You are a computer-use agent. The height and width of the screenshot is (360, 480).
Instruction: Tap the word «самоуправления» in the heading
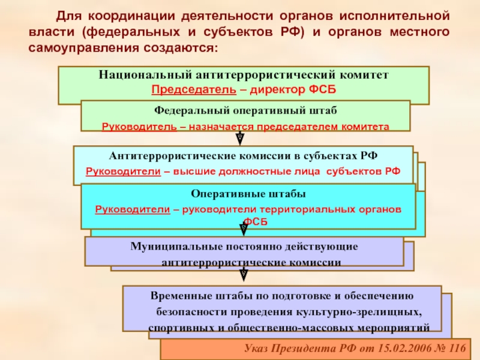[x=81, y=46]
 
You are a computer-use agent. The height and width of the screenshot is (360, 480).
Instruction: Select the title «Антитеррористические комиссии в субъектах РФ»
[x=243, y=155]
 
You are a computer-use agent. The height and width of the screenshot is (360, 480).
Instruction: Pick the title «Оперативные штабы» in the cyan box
[x=248, y=194]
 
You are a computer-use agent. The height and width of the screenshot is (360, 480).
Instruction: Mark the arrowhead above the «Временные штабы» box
[x=244, y=275]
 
